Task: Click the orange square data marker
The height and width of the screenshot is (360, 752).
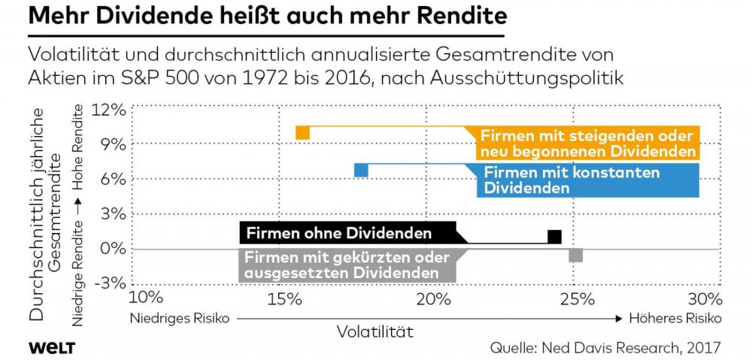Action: point(302,133)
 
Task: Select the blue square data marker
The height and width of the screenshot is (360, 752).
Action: point(361,170)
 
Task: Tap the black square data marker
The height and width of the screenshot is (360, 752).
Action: point(554,237)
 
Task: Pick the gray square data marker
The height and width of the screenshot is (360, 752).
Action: point(575,255)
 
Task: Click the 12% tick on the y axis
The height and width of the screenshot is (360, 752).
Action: point(109,110)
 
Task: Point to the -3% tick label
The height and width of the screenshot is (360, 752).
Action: point(109,283)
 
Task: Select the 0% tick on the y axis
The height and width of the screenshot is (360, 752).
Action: point(112,249)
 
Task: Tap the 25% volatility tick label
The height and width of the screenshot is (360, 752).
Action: point(574,299)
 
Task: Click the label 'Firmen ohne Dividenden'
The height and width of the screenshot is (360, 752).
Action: point(339,233)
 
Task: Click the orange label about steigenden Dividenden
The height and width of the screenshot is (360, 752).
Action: point(587,144)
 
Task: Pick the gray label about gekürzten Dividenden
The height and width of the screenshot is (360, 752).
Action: point(347,265)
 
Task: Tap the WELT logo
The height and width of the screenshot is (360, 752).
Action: point(53,346)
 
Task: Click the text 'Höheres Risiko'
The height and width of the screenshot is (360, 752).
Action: point(674,318)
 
